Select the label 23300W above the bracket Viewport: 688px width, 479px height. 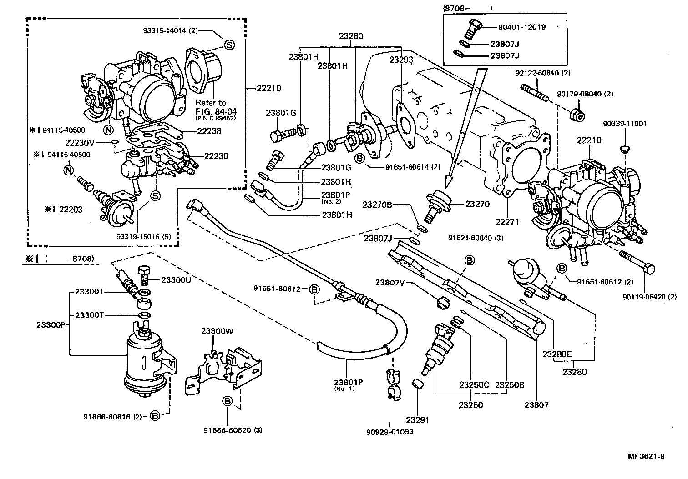point(217,331)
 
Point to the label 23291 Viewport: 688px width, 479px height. point(418,420)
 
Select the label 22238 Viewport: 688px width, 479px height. point(209,131)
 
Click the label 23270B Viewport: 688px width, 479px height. point(377,205)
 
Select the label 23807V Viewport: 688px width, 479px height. point(390,282)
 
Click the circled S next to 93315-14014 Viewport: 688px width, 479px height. point(229,44)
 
